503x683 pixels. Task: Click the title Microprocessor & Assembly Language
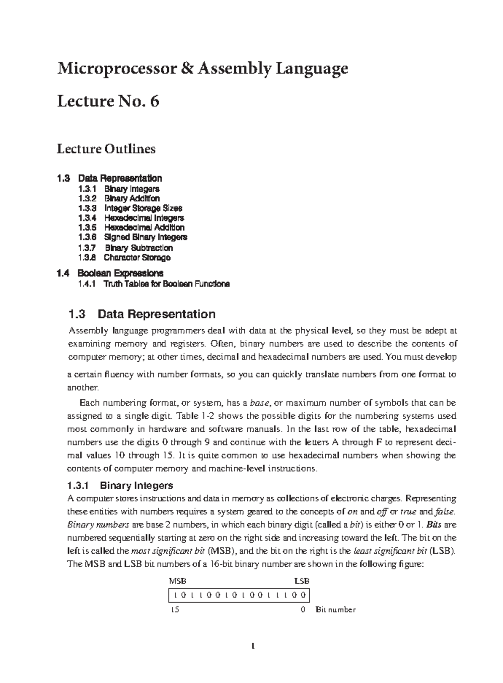(202, 68)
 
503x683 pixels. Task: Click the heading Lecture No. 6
(108, 102)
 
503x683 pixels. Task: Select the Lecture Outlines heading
(106, 149)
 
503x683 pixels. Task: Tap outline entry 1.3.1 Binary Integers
(119, 189)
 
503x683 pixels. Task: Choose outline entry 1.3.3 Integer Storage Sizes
(130, 208)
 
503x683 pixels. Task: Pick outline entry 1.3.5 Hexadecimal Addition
(131, 227)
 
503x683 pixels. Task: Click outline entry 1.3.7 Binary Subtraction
(125, 248)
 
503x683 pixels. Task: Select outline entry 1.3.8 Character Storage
(124, 258)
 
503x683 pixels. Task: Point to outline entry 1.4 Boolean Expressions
(110, 274)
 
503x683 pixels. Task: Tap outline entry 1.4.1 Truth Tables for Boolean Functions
(153, 284)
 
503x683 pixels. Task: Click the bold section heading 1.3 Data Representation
(141, 314)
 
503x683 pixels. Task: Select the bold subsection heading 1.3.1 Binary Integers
(120, 486)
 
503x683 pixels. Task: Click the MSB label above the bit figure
(177, 581)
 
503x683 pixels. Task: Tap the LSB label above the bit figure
(302, 581)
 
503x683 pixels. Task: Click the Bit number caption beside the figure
(335, 610)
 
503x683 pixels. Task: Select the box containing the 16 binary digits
(239, 595)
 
